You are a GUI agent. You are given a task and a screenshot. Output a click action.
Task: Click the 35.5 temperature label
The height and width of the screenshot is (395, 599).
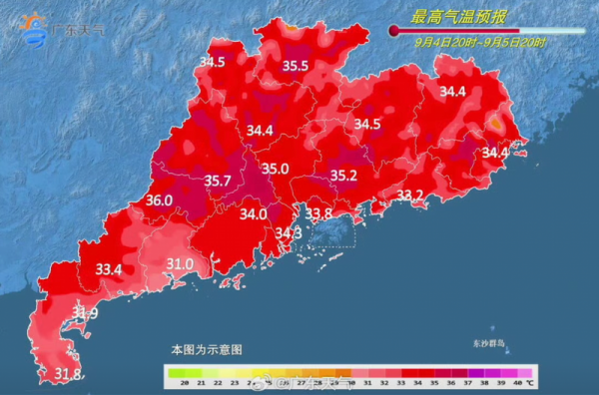point(295,66)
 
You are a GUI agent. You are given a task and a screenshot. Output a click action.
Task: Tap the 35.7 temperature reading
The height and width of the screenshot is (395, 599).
point(218,181)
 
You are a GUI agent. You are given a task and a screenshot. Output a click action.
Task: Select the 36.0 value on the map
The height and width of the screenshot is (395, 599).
point(159,200)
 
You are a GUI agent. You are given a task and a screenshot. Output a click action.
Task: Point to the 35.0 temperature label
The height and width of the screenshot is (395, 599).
point(276,169)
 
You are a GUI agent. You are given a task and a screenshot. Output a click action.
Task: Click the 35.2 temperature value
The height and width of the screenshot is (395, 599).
point(343,176)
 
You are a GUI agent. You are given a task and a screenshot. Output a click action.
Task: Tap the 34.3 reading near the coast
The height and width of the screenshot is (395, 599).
point(289,233)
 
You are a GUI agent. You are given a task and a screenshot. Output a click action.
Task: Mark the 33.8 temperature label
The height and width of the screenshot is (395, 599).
point(318,213)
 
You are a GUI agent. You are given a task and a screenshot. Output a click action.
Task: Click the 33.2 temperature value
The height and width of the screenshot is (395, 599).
point(410,195)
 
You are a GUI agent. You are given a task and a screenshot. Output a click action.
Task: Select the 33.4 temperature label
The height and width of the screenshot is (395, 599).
point(109,269)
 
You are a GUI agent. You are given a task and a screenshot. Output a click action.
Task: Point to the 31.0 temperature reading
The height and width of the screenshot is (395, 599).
point(180,264)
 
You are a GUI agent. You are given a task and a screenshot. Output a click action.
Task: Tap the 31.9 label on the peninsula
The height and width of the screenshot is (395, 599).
point(86,314)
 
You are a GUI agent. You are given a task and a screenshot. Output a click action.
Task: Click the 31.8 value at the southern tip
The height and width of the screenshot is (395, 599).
point(67,374)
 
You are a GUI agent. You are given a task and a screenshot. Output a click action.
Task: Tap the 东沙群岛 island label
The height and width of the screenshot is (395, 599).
point(490,343)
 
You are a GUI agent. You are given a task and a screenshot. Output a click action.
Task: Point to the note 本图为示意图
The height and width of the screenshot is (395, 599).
point(207,350)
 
